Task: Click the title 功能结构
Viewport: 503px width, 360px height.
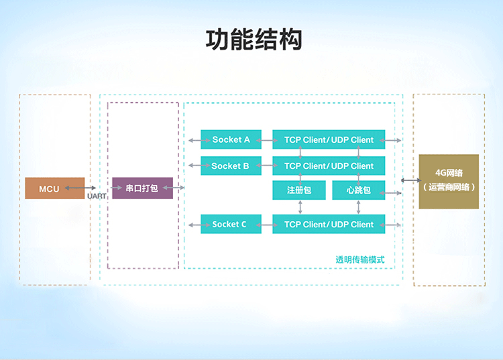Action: point(254,40)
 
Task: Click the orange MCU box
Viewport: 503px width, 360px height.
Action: point(55,188)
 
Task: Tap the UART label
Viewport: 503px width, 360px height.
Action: point(97,196)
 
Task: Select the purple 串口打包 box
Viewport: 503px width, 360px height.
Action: point(142,188)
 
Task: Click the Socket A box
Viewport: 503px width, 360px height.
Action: point(231,139)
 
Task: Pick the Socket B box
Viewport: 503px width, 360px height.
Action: point(231,166)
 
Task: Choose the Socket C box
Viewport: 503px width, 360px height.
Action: point(231,224)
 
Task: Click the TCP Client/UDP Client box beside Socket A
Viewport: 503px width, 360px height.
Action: point(329,139)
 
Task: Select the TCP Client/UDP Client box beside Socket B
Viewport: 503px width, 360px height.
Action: point(329,166)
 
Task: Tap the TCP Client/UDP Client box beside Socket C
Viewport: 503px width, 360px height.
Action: point(329,224)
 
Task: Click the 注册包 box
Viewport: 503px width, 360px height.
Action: point(299,190)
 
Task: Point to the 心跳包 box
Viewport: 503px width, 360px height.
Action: point(359,190)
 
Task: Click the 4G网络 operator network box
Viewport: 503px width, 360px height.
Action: point(449,182)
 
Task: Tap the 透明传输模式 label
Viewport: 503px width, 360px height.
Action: point(360,259)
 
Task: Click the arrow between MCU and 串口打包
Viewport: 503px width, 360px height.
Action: point(80,188)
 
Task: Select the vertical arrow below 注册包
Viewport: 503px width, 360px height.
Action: point(300,207)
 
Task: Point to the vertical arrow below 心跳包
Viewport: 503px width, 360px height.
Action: point(358,207)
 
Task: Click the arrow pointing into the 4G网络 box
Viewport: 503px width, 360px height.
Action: point(411,180)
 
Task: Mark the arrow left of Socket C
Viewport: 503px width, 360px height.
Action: point(199,225)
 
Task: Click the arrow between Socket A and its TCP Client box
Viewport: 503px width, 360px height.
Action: point(267,140)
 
